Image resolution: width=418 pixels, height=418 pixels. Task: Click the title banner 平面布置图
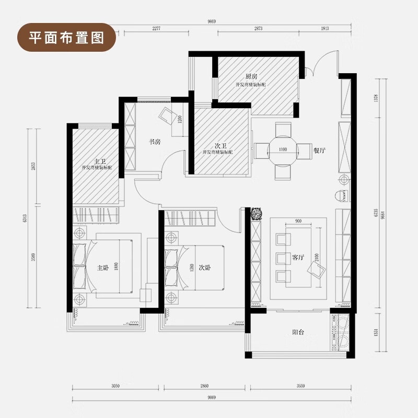[x=65, y=37]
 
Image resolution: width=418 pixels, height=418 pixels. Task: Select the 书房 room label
[x=154, y=141]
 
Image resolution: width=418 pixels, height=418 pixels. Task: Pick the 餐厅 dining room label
[x=320, y=150]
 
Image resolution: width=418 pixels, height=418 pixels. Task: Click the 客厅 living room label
[x=298, y=258]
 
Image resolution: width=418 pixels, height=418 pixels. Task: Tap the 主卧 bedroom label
[x=102, y=268]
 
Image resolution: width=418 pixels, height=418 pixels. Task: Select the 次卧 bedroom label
[x=204, y=267]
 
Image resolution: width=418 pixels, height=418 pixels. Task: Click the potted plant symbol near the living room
[x=256, y=214]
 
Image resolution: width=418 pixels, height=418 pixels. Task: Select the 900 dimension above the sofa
[x=298, y=222]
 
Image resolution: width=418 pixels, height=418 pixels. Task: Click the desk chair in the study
[x=169, y=115]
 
